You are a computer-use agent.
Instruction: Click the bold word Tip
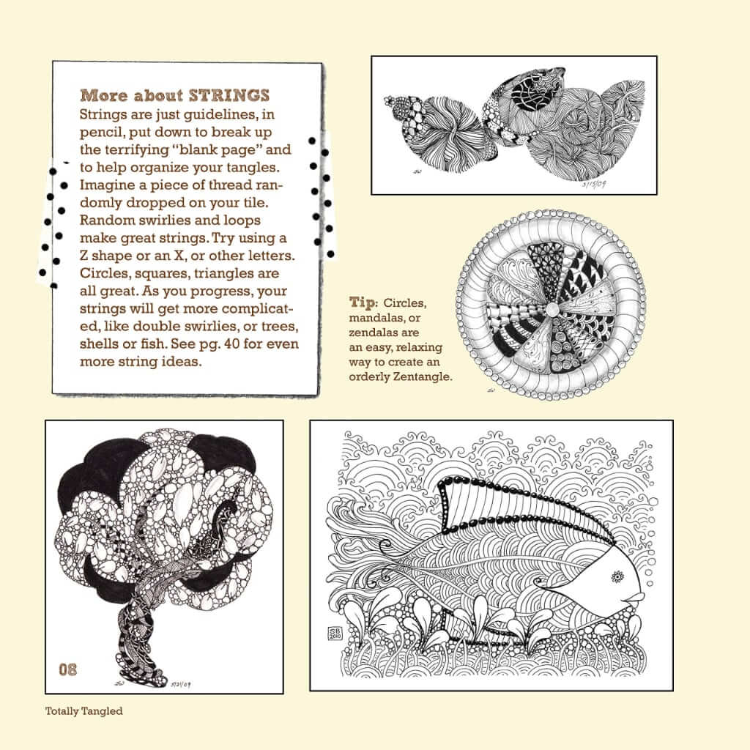click(x=363, y=302)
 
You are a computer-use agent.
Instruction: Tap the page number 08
click(x=68, y=668)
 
